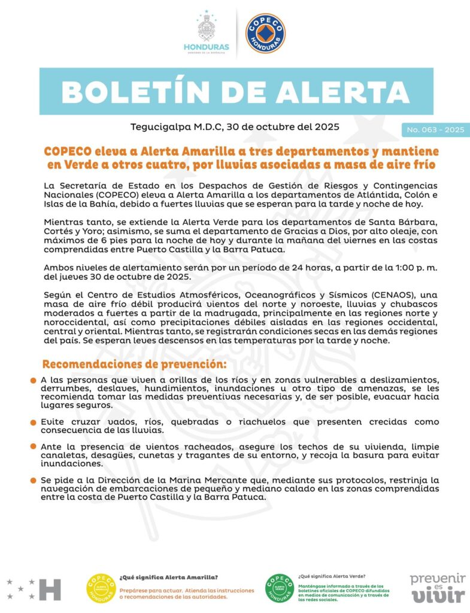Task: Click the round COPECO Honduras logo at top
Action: [x=265, y=33]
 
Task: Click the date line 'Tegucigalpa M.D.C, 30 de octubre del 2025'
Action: [x=235, y=127]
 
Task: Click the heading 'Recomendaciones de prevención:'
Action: [x=134, y=364]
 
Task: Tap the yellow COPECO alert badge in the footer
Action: [x=101, y=588]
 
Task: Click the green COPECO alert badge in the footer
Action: [x=279, y=588]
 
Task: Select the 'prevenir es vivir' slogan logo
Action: [x=437, y=587]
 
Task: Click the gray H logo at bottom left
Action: [x=50, y=589]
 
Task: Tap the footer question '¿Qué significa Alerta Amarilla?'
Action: [x=169, y=577]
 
